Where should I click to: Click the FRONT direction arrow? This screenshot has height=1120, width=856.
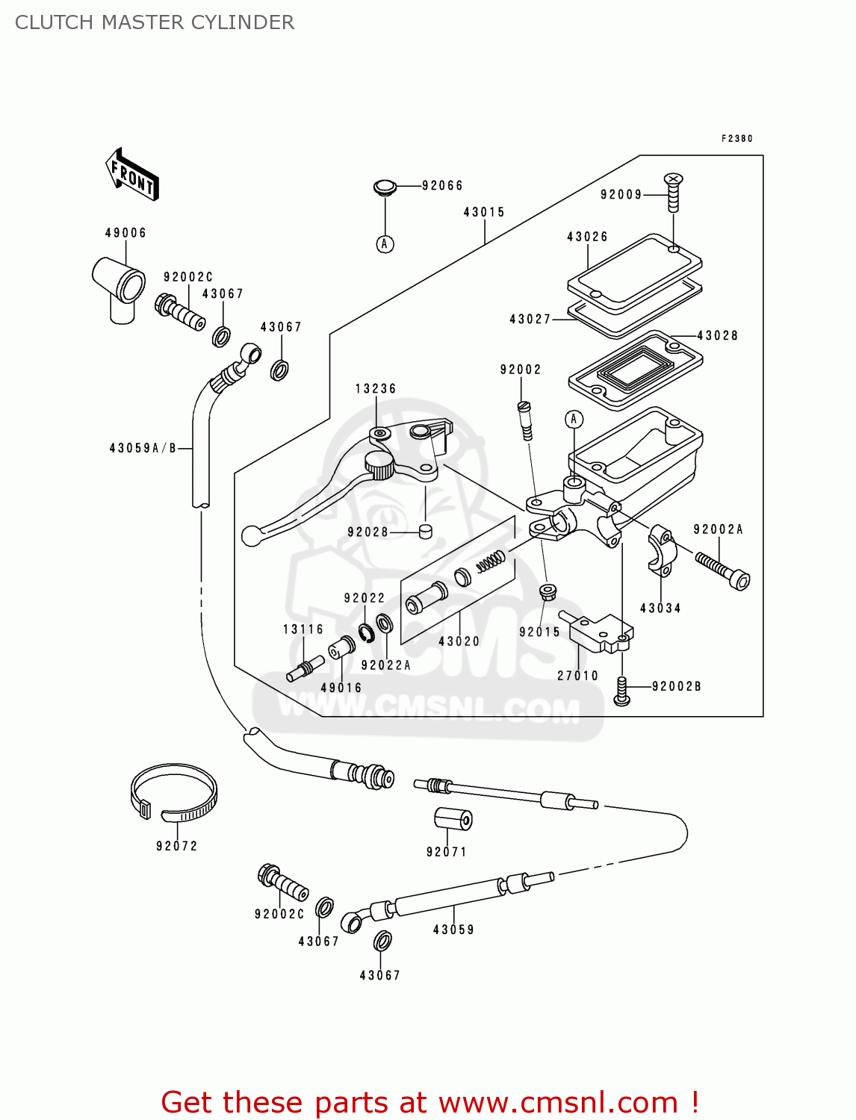tap(132, 174)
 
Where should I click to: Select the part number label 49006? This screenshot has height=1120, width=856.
tap(125, 233)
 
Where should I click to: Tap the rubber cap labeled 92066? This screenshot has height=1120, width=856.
tap(385, 187)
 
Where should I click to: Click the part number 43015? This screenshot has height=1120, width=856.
tap(484, 212)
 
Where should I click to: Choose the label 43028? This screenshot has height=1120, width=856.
tap(717, 335)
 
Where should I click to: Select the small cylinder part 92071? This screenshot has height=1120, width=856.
tap(453, 819)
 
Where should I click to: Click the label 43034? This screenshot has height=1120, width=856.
tap(660, 608)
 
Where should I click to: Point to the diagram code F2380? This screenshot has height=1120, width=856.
tap(737, 138)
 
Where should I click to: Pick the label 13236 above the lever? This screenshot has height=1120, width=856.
tap(376, 388)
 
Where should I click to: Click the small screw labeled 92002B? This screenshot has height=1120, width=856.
tap(621, 691)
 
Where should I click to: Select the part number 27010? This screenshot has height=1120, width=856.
tap(577, 676)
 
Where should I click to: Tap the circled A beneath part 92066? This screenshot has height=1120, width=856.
tap(385, 244)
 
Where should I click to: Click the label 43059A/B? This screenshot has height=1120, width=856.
tap(143, 448)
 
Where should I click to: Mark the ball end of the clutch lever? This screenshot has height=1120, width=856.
tap(252, 536)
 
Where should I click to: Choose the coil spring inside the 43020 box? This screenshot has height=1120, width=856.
tap(491, 561)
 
